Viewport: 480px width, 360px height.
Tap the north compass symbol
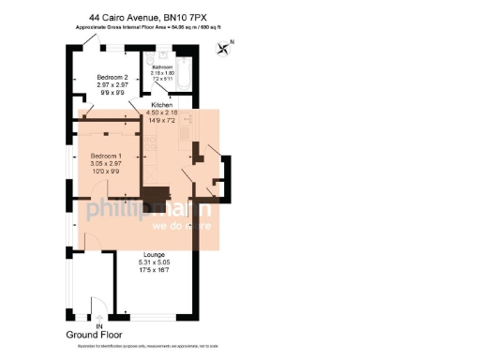tap(223, 49)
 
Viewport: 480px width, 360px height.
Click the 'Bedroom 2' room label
tap(112, 78)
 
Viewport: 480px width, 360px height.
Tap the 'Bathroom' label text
tap(162, 67)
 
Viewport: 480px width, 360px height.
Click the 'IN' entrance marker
tap(85, 326)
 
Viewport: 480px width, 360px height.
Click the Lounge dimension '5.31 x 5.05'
tap(155, 262)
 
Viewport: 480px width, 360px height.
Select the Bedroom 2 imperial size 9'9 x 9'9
tap(112, 93)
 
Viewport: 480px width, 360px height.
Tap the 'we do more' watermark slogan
tap(183, 226)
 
